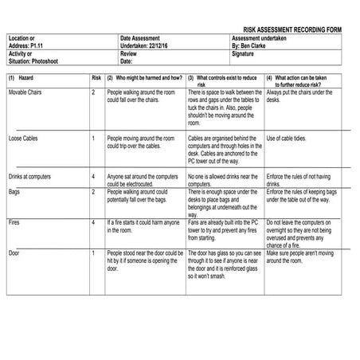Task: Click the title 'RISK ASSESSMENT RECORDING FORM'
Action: (x=292, y=29)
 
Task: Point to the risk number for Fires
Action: (x=93, y=221)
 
